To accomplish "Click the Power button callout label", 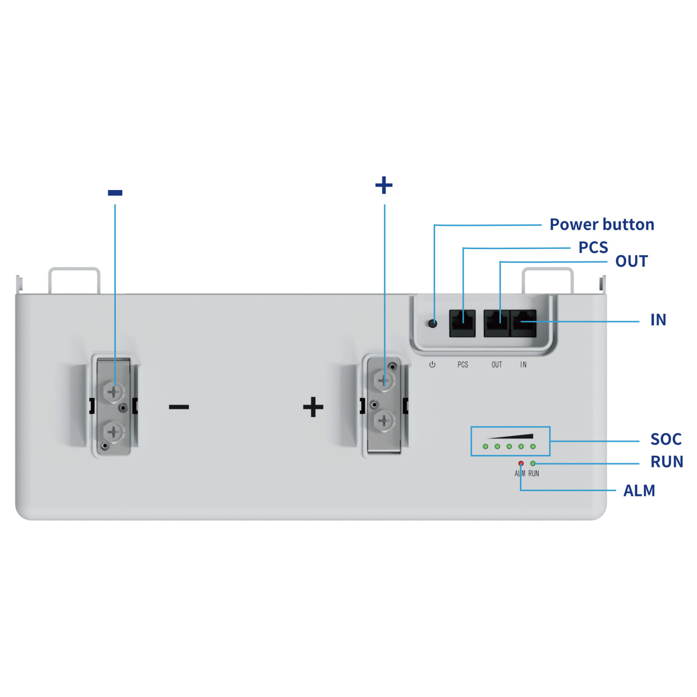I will (x=602, y=224).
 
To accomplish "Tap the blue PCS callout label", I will (x=593, y=247).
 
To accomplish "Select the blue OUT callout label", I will (x=631, y=261).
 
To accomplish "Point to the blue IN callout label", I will (x=658, y=320).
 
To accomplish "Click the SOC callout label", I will (x=665, y=439).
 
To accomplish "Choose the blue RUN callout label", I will (x=666, y=462).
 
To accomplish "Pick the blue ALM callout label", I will (x=639, y=491).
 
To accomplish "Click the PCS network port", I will (x=462, y=323).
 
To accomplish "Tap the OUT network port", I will (x=497, y=323).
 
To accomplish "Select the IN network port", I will (x=524, y=323).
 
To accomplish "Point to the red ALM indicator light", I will (x=521, y=463).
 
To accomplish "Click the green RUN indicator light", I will (x=533, y=463).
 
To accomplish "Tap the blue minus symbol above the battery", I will (x=115, y=192).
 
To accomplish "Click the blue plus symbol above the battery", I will (x=384, y=185).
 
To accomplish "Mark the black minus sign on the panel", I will (x=179, y=407).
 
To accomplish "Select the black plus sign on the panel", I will (x=313, y=407).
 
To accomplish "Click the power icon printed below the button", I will (x=432, y=365).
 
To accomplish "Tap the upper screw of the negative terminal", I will (x=113, y=392).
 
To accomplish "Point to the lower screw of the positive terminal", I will (x=384, y=421).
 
